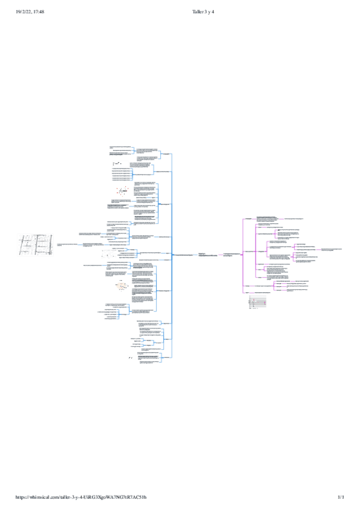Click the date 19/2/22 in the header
(x=22, y=11)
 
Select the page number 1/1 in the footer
(x=341, y=498)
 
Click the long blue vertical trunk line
(x=172, y=252)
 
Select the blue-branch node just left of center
(x=180, y=255)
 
